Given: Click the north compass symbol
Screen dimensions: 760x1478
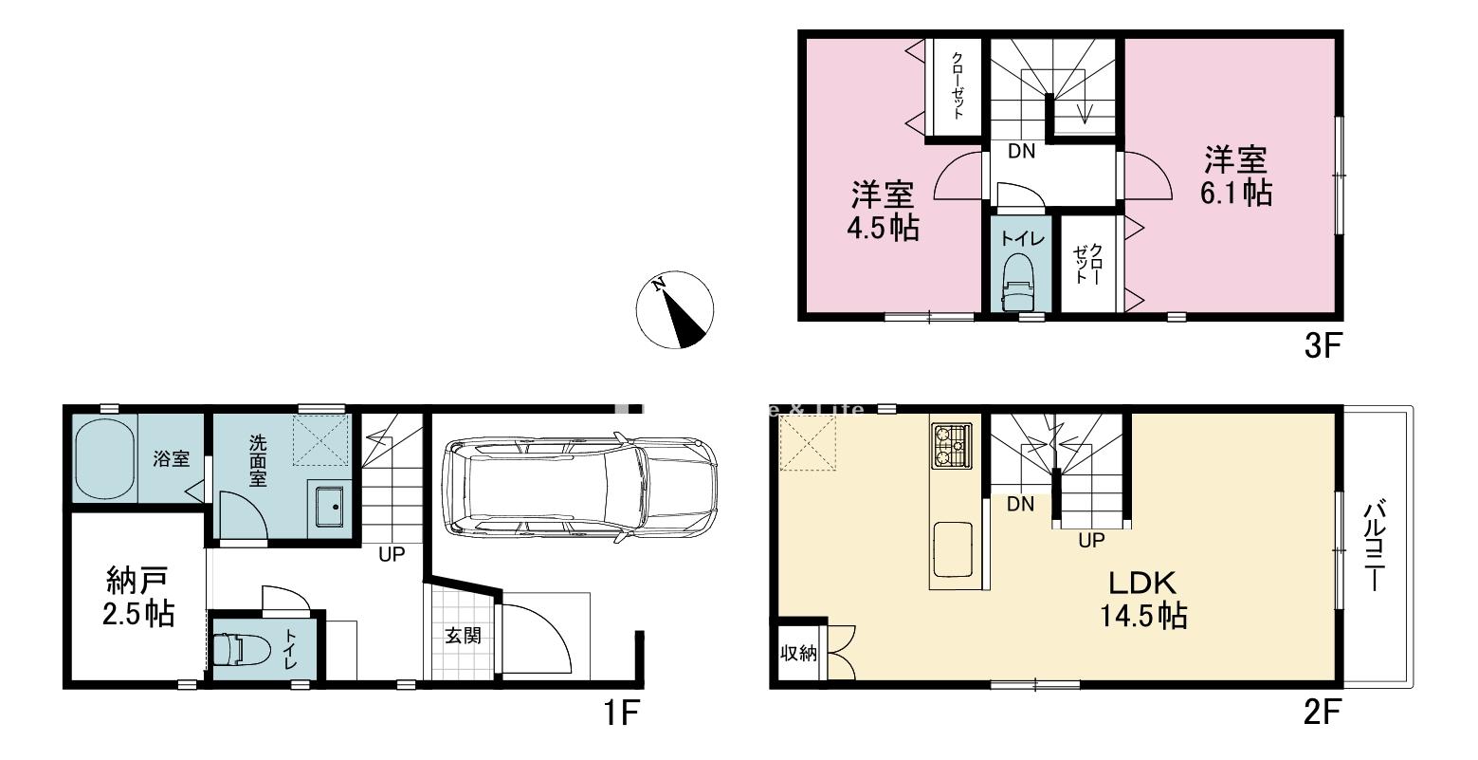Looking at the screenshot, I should (674, 309).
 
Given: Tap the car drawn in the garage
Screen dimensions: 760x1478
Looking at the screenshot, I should (578, 488).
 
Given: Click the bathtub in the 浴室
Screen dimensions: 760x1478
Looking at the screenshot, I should (105, 459).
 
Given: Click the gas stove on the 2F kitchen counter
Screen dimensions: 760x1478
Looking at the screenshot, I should (952, 445).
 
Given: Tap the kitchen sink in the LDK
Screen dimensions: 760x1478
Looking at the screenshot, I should (953, 548).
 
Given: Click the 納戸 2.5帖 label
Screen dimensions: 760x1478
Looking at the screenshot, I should (139, 596).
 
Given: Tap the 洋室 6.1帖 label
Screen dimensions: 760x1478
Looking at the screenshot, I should (1236, 175).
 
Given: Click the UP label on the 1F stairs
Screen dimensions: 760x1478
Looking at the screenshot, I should (392, 554).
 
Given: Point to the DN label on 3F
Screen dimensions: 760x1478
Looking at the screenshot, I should (1021, 151).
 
